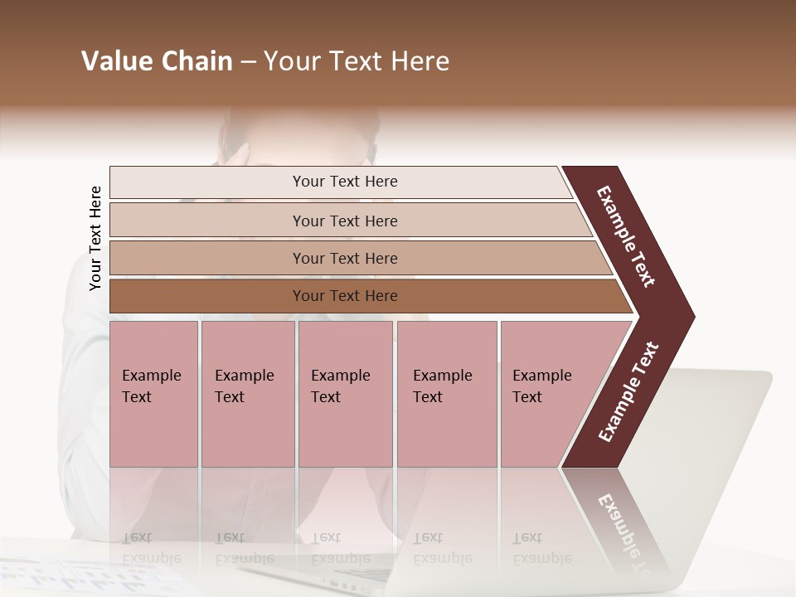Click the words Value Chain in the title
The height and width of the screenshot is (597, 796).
[x=157, y=61]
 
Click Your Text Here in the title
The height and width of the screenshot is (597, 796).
[x=357, y=61]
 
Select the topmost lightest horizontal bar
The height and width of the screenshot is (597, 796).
[x=207, y=182]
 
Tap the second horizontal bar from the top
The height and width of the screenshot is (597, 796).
[x=207, y=221]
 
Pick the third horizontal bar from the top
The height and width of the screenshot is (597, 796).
[x=207, y=259]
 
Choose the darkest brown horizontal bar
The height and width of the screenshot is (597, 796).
[x=207, y=296]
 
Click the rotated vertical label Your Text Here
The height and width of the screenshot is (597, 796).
[x=95, y=238]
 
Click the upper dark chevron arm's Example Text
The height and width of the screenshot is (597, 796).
[x=626, y=236]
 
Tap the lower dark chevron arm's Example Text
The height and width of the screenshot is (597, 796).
[x=629, y=392]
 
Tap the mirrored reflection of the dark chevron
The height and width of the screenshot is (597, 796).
[x=618, y=518]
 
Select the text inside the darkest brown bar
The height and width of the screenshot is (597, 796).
[x=345, y=296]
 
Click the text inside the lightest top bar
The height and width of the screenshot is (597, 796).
[x=345, y=182]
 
